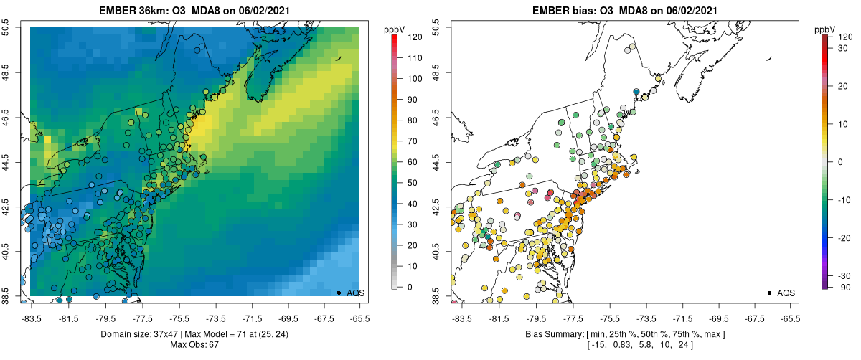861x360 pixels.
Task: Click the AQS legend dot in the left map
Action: coord(339,293)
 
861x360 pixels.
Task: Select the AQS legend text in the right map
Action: coord(786,293)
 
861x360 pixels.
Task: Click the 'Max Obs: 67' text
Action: coord(194,345)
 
